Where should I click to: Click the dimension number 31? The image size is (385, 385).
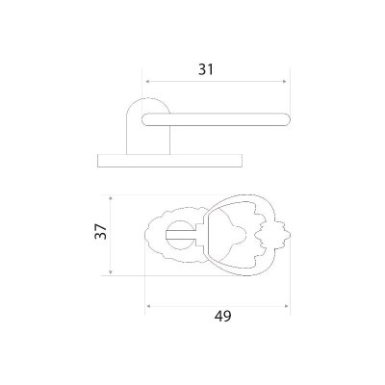[206, 69]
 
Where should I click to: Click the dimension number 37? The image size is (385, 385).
[100, 231]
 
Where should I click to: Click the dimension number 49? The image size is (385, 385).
[223, 317]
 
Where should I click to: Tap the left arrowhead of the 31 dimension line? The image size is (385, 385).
[148, 82]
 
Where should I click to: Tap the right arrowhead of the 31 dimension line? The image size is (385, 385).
[284, 82]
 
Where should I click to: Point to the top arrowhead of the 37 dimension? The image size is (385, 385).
[111, 199]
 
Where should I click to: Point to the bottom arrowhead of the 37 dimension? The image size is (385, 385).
[111, 271]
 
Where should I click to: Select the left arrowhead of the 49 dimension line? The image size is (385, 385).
[148, 306]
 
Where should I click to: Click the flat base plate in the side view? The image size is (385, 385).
[169, 161]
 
